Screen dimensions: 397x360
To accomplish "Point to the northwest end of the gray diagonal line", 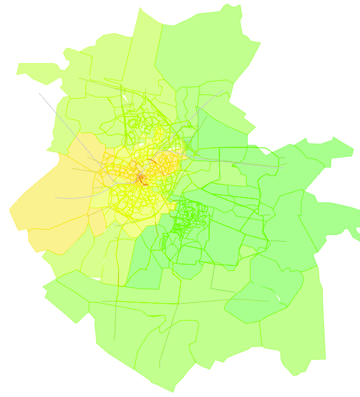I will point(40,93).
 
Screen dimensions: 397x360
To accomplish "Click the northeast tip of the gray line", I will point(224,91).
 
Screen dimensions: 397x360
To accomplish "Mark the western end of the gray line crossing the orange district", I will point(55,198).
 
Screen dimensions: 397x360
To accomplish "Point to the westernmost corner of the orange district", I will point(10,210).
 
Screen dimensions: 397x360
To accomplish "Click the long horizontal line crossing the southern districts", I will point(180,300).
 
